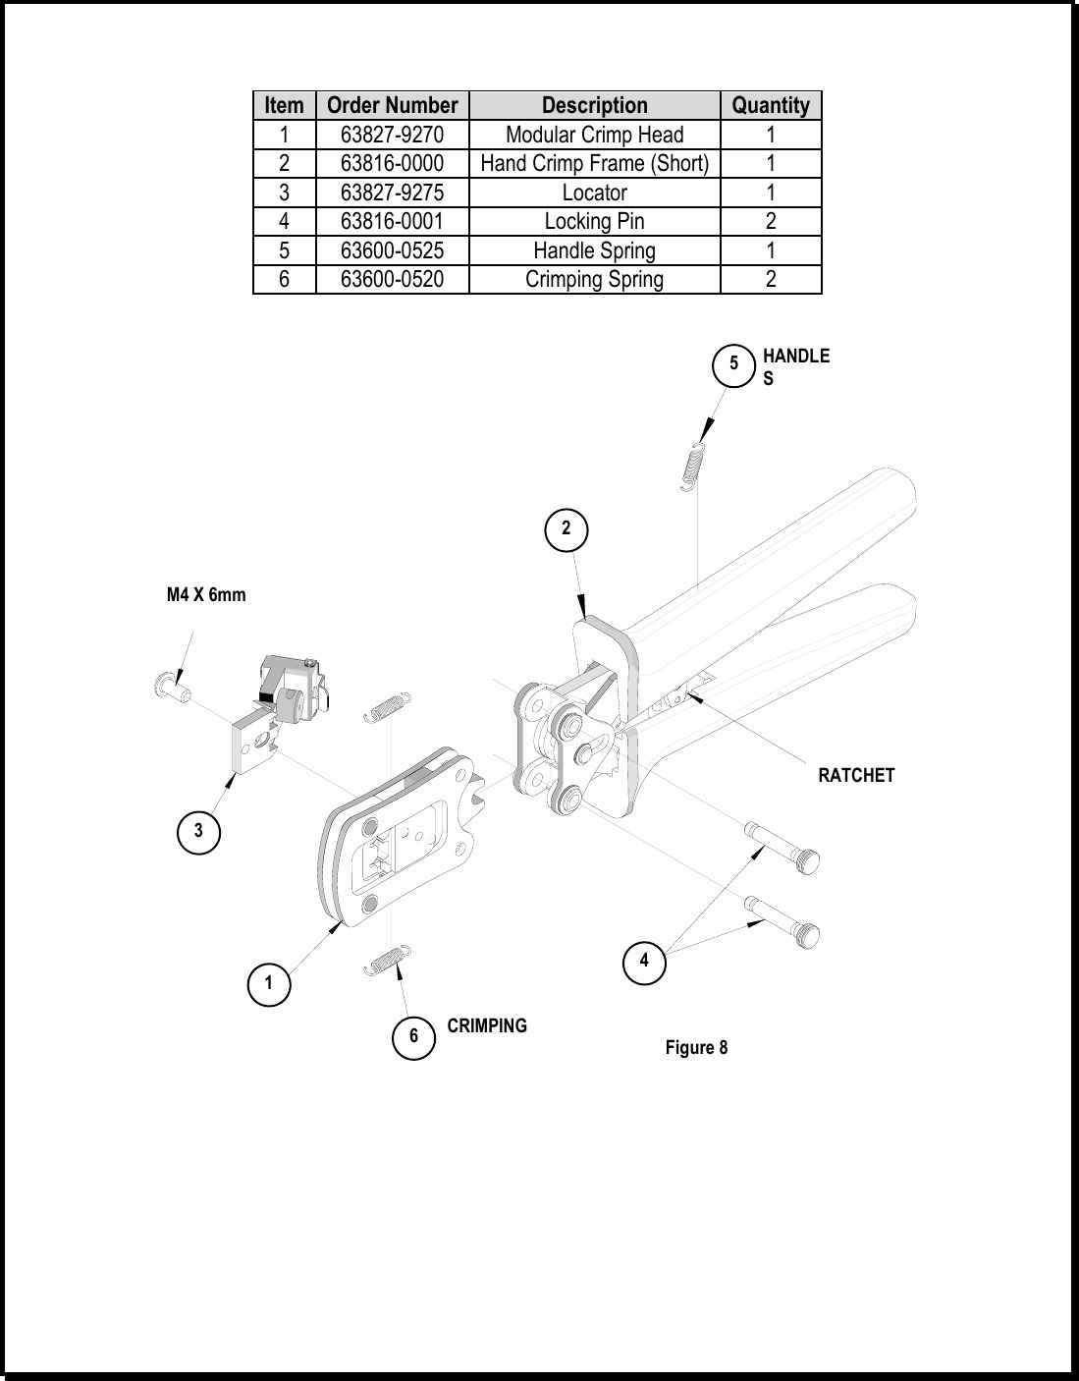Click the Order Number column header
coord(392,105)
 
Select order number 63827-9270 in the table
coord(392,135)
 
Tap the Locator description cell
coord(594,193)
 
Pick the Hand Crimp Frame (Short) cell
coord(594,163)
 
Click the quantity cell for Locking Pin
coord(771,221)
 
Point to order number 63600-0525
coord(392,250)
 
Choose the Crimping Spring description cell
coord(594,279)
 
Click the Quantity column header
coord(771,105)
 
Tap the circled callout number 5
coord(733,364)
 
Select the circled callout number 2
coord(566,529)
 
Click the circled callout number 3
coord(198,831)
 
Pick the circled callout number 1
coord(269,984)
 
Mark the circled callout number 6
coord(413,1038)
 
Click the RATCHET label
coord(856,775)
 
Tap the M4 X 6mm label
coord(206,595)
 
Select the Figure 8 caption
coord(696,1048)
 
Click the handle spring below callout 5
coord(693,468)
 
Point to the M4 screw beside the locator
coord(172,687)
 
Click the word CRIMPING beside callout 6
coord(487,1026)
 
